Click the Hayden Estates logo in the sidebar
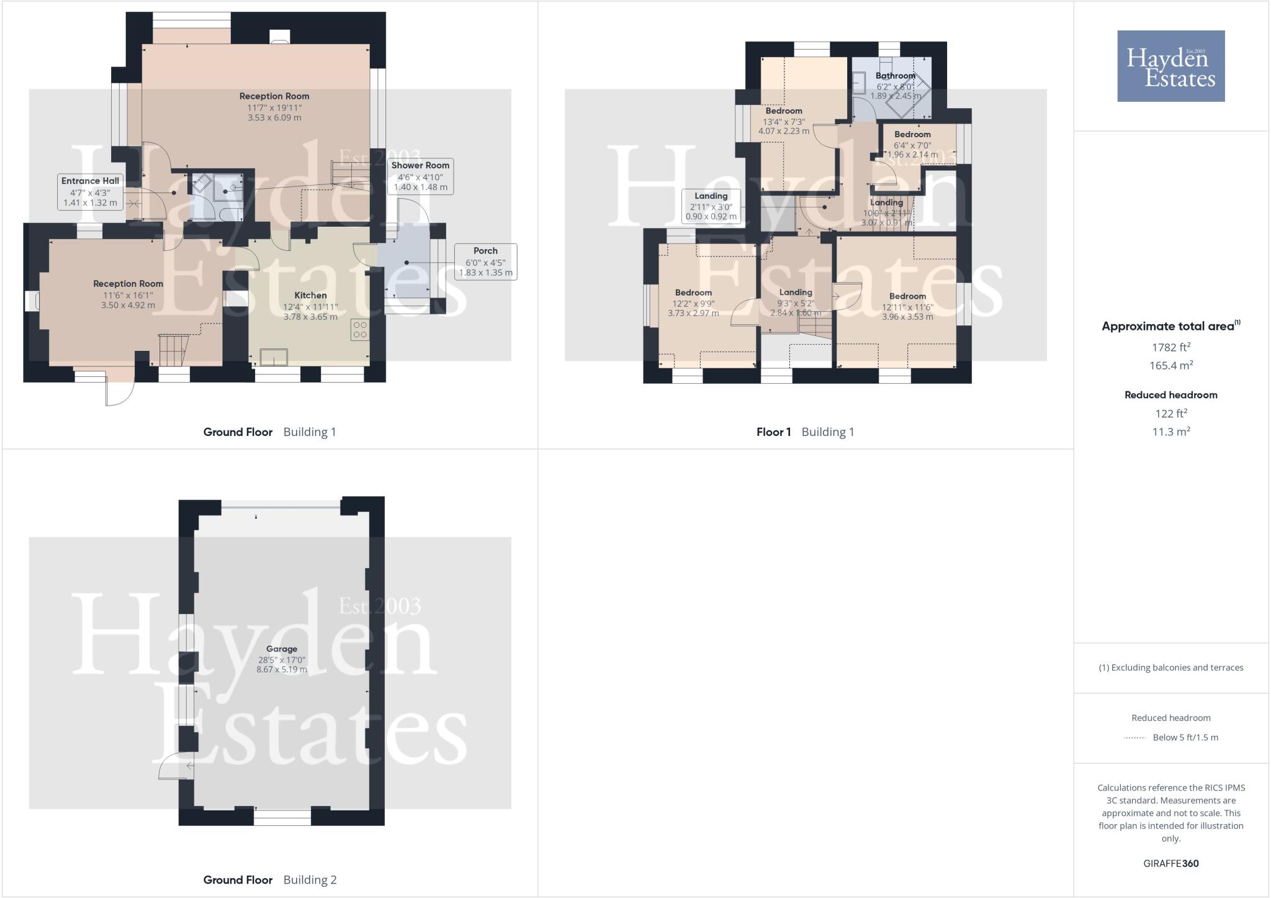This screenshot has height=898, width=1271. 1170,66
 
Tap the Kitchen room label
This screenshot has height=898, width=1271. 310,296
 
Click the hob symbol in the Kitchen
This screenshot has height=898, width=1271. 360,330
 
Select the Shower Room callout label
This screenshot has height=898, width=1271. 420,176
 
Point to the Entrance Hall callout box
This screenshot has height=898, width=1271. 90,191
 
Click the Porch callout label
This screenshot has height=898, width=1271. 485,261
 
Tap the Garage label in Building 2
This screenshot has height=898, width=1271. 282,649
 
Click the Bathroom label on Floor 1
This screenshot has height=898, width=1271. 895,76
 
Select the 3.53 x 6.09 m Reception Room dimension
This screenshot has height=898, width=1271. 274,117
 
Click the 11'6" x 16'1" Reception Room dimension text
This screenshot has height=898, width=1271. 128,295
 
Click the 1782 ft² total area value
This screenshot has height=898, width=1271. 1170,347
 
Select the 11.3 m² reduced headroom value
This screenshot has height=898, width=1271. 1170,432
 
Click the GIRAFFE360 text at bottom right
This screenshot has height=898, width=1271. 1170,863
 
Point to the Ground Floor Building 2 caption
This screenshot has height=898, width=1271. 269,879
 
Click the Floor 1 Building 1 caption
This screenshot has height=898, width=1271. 805,432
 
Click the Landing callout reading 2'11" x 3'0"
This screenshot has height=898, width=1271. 711,206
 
